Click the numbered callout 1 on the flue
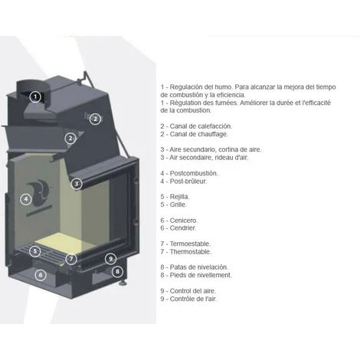[35, 97]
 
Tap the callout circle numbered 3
[77, 184]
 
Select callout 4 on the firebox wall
[26, 199]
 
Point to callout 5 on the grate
[34, 251]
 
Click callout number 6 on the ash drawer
[41, 275]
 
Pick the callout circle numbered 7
[71, 259]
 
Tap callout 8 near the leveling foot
[117, 271]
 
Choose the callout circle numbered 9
[110, 259]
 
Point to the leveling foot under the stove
[123, 283]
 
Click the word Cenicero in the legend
[184, 221]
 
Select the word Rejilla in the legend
[179, 197]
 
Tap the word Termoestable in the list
[190, 244]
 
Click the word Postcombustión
[194, 173]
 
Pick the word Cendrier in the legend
[183, 228]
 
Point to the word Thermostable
[191, 252]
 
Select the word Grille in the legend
[178, 205]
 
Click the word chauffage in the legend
[212, 134]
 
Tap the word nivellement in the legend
[216, 275]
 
